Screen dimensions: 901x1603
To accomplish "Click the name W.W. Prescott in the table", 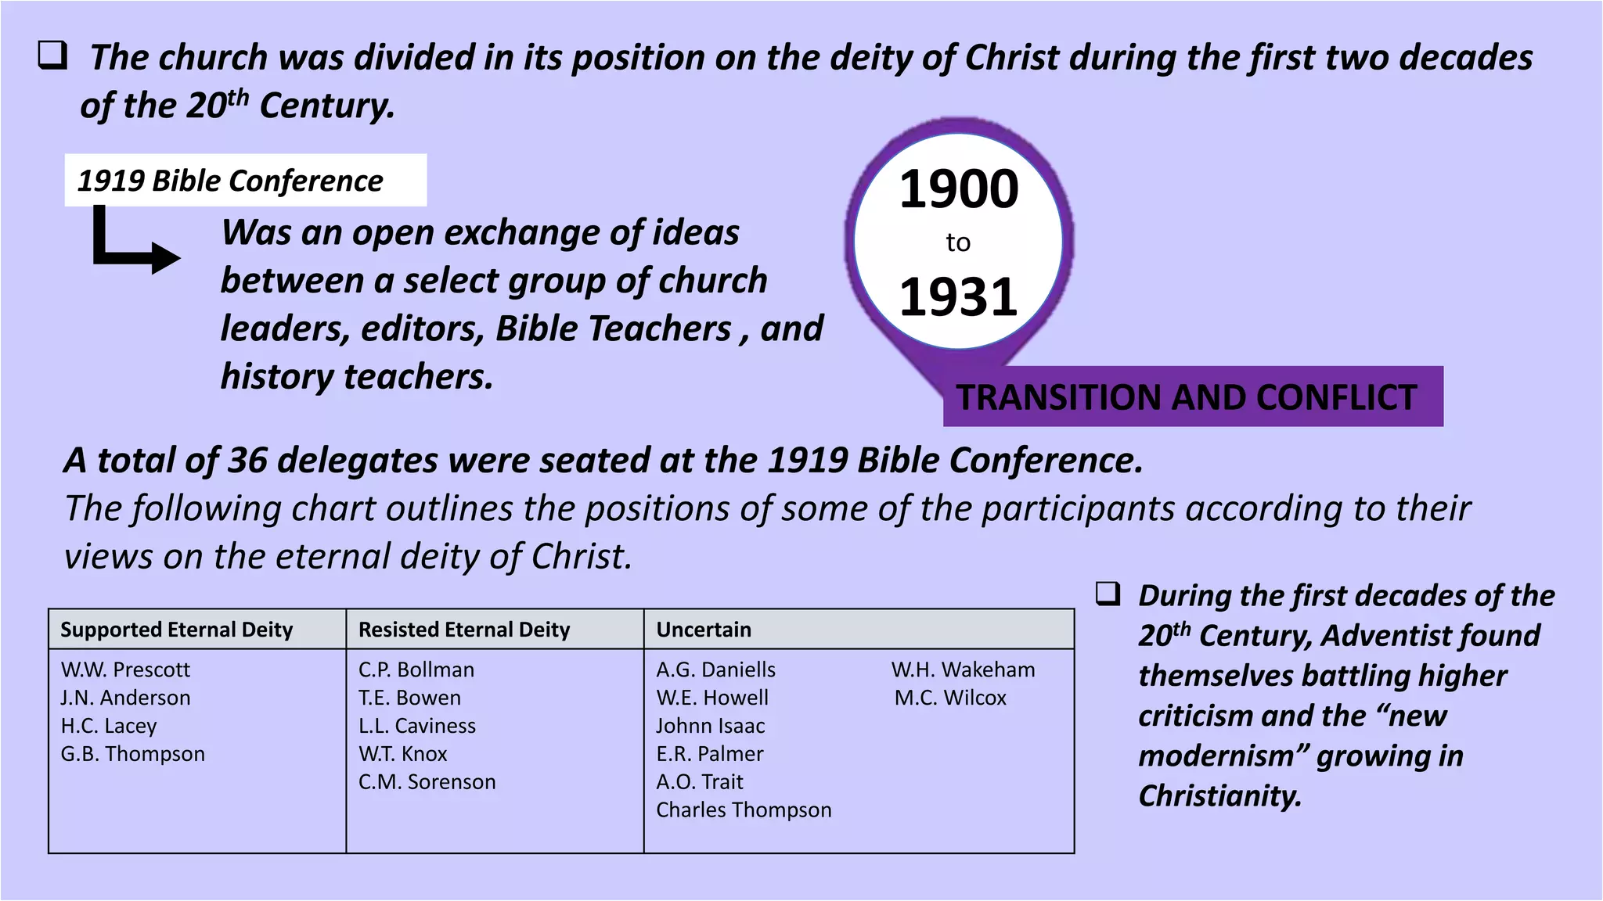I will tap(125, 669).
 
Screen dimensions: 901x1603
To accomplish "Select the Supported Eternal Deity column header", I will tap(176, 630).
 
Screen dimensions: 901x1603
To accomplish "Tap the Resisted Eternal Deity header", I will tap(464, 630).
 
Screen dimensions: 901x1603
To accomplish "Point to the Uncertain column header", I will tap(704, 630).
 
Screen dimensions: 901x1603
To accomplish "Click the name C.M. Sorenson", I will tap(427, 782).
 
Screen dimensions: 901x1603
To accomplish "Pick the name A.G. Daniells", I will tap(715, 669).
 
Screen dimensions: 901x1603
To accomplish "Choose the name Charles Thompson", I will tap(744, 810).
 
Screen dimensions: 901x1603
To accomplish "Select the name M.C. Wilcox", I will tap(950, 698).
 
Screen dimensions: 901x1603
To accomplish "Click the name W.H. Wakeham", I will tap(963, 669).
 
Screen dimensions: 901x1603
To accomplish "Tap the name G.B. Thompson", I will tap(133, 754).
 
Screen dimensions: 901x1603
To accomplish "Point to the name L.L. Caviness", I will tap(416, 726).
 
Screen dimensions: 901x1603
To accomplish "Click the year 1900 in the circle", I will tap(959, 189).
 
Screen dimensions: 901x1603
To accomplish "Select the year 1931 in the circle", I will tap(959, 297).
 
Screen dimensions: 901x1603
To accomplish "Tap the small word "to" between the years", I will tap(958, 242).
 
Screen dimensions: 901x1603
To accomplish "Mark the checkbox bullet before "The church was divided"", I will tap(52, 56).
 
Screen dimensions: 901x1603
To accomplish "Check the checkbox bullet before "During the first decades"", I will tap(1108, 594).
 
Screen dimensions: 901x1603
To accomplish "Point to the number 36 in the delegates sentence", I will tap(247, 460).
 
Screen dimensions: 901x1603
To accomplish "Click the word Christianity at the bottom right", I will tap(1219, 796).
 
